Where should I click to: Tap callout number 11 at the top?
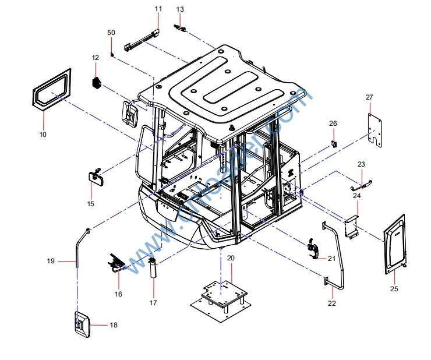click(x=158, y=9)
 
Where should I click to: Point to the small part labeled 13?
click(x=180, y=26)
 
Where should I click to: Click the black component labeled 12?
click(x=97, y=82)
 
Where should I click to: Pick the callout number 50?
click(x=111, y=33)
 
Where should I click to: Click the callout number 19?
click(x=51, y=262)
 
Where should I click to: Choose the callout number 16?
click(x=118, y=294)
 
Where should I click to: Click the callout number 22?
click(x=332, y=303)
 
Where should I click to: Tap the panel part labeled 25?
click(x=394, y=243)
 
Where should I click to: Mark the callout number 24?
click(x=357, y=196)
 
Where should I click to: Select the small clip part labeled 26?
click(x=334, y=143)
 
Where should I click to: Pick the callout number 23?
click(x=361, y=164)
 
